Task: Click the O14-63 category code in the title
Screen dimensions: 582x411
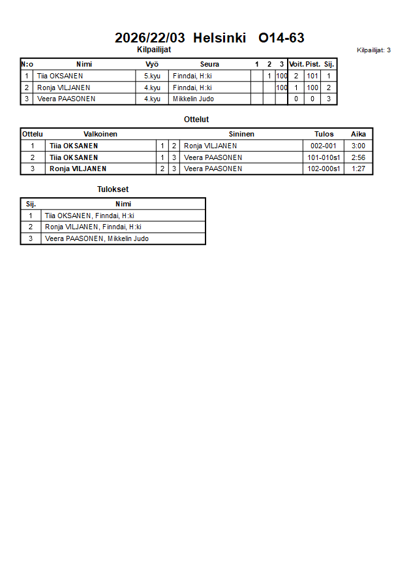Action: coord(281,38)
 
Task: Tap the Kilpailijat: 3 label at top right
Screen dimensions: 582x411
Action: coord(374,50)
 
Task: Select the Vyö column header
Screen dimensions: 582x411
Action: coord(152,64)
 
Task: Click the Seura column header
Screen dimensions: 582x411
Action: coord(209,64)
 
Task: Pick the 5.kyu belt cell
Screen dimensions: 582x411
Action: coord(152,76)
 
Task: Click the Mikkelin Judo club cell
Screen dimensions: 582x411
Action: coord(193,99)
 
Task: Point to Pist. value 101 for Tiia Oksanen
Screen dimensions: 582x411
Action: coord(312,76)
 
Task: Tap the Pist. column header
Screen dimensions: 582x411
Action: coord(312,64)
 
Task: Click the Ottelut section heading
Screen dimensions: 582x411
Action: coord(196,120)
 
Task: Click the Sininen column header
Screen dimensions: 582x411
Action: coord(241,134)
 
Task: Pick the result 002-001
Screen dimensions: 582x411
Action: coord(324,146)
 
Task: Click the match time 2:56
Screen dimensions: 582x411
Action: coord(358,157)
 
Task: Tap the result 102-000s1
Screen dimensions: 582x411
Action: coord(324,169)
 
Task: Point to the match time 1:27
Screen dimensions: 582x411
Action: coord(358,169)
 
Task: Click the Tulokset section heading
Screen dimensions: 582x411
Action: coord(113,189)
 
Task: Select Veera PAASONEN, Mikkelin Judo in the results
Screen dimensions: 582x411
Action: coord(97,238)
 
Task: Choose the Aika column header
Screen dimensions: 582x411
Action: coord(358,134)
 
